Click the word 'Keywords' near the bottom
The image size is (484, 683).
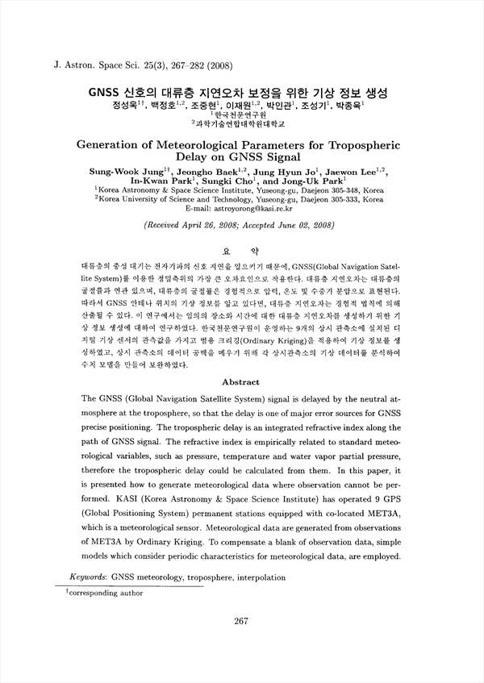(88, 577)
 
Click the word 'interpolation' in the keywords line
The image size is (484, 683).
(257, 577)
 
